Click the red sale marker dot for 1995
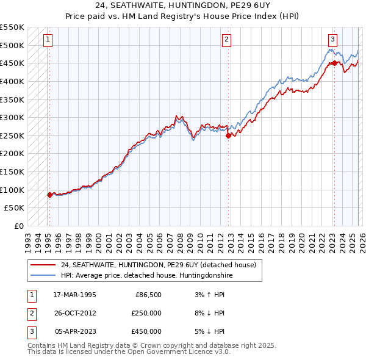point(49,195)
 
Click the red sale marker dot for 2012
point(228,135)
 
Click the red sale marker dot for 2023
point(334,63)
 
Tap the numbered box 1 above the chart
point(48,40)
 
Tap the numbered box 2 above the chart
point(226,40)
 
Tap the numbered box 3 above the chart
point(332,40)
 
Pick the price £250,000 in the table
point(146,313)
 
